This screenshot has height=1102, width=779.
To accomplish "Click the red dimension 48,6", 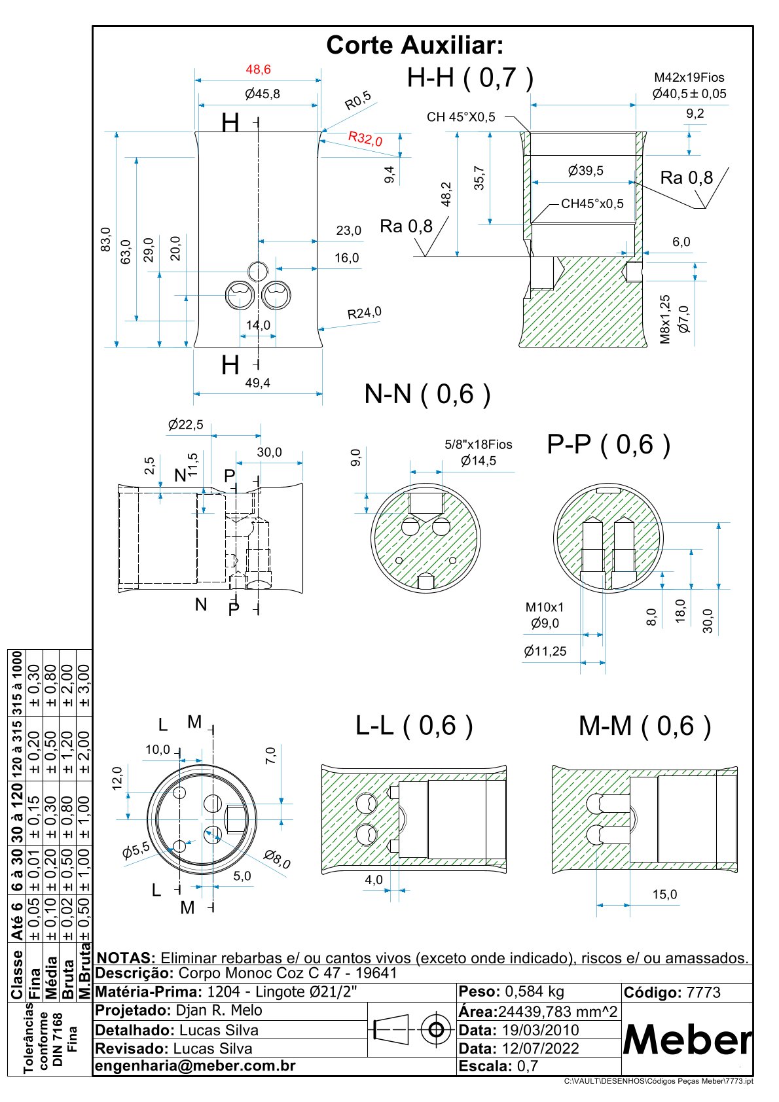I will point(258,69).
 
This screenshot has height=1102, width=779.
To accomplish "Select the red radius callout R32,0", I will point(365,138).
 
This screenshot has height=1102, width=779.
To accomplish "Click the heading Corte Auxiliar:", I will point(415,46).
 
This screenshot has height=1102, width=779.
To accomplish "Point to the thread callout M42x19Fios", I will point(689,78).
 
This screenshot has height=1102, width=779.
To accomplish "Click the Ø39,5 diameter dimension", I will point(585,171).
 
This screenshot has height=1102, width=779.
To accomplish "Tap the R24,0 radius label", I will point(364,313).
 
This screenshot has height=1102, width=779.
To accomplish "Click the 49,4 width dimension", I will point(257,383).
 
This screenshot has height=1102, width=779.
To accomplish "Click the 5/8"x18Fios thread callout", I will point(479,445).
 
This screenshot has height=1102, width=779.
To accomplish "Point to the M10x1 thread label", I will point(544,607).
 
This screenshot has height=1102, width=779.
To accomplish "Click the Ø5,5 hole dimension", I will point(136,851).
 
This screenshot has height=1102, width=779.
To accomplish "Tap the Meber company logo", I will point(687,1039).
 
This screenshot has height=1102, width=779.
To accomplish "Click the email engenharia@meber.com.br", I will point(196,1066).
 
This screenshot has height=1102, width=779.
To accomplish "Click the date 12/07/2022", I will point(540,1048).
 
